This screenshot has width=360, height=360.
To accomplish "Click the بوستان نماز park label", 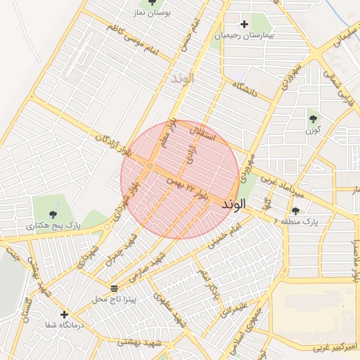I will coord(152,13).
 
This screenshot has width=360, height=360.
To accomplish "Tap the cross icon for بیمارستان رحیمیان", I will coord(244,25).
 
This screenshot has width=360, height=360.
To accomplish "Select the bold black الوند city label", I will coord(234,205).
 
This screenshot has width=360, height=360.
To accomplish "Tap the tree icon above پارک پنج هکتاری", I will coord(53,214).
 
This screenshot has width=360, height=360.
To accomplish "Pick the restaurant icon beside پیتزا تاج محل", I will coord(115,288).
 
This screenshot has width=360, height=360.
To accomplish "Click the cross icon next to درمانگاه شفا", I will coord(65,314).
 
